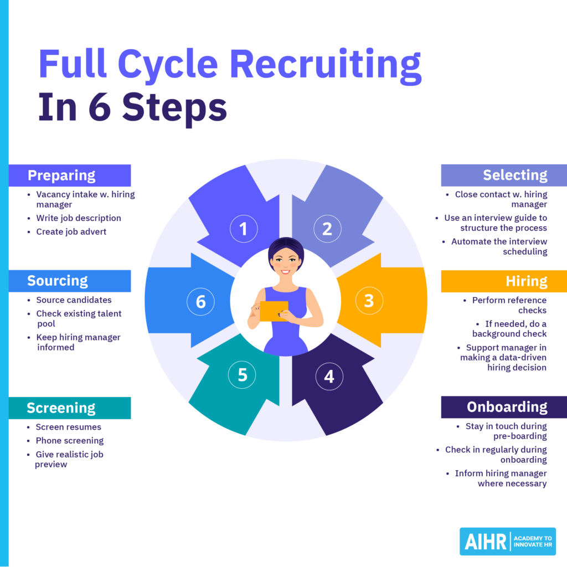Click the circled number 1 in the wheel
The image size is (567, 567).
[x=243, y=229]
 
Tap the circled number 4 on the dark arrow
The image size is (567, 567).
[x=329, y=377]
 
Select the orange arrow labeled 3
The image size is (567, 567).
[x=382, y=300]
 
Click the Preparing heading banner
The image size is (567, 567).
[x=70, y=176]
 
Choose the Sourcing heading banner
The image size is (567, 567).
[x=70, y=281]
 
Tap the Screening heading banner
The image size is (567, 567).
[x=70, y=408]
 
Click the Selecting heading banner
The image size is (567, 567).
[x=503, y=175]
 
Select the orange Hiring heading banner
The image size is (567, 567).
[x=503, y=281]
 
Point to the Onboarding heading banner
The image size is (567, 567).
[x=503, y=407]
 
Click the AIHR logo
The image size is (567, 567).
[x=507, y=541]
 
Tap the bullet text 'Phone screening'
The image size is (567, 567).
[x=69, y=441]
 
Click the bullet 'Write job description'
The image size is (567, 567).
[x=78, y=218]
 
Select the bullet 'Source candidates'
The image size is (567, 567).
[x=74, y=300]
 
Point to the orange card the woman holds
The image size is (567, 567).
[x=274, y=311]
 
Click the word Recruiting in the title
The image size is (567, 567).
[x=325, y=65]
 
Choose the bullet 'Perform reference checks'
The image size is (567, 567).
[x=508, y=305]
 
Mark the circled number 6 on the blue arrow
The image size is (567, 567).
[x=200, y=301]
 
